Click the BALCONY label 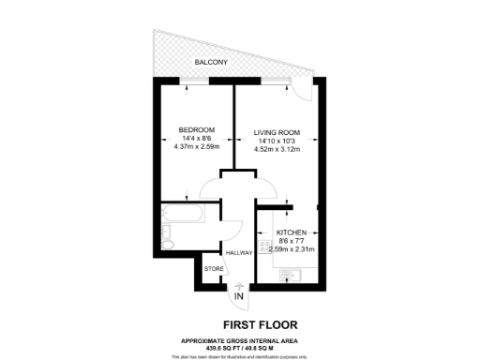pyautogui.click(x=210, y=62)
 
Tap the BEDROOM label pyautogui.click(x=197, y=129)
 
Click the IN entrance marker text pyautogui.click(x=238, y=297)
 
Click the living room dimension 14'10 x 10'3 pyautogui.click(x=277, y=140)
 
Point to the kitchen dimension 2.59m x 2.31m pyautogui.click(x=293, y=249)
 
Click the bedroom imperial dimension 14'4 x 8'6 pyautogui.click(x=197, y=139)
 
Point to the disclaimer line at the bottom pyautogui.click(x=240, y=356)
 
